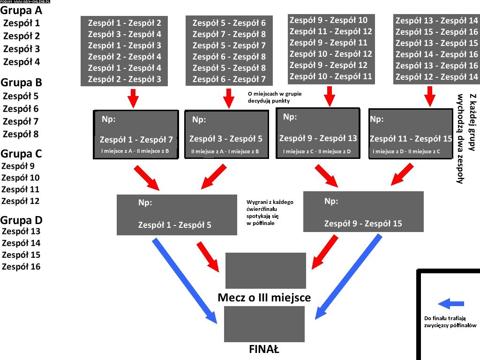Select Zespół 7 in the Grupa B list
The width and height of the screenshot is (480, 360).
[x=22, y=121]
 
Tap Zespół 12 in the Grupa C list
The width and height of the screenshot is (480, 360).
[x=21, y=201]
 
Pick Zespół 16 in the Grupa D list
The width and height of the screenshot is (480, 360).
[x=21, y=267]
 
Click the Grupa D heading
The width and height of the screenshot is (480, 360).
[x=22, y=220]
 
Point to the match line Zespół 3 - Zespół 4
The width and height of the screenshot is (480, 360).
[x=125, y=34]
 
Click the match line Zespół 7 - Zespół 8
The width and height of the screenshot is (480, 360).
[x=229, y=34]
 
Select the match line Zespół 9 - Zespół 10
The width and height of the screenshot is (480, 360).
[x=329, y=20]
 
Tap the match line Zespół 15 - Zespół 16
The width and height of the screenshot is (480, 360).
[x=436, y=32]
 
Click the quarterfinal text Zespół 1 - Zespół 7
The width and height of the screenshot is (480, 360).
[x=136, y=140]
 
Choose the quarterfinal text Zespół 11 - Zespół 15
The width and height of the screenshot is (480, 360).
[x=411, y=139]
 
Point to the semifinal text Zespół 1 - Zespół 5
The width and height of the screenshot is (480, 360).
[x=174, y=225]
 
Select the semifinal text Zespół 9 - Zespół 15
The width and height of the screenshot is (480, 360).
[x=363, y=224]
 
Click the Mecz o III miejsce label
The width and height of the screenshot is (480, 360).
[x=264, y=298]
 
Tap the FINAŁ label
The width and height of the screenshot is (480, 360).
[x=264, y=349]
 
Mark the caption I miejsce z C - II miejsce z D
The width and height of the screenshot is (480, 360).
[x=320, y=152]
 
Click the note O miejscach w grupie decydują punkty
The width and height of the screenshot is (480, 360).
[x=275, y=97]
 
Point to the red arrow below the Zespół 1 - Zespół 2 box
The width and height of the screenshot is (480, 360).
[x=133, y=98]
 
